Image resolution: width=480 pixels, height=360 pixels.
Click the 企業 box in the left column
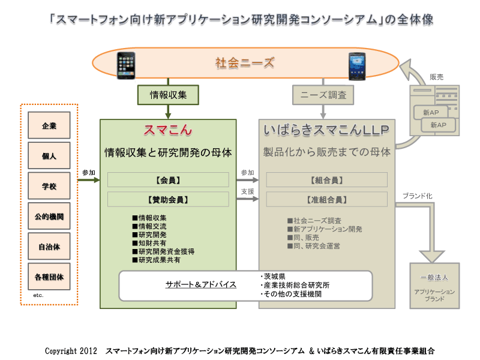[x=49, y=125]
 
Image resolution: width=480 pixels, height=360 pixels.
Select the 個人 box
[x=49, y=155]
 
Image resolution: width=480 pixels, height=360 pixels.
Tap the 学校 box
[x=49, y=186]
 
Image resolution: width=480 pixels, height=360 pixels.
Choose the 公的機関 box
[x=49, y=216]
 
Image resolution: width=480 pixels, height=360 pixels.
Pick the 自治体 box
[x=49, y=247]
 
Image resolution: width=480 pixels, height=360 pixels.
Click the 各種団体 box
[x=49, y=277]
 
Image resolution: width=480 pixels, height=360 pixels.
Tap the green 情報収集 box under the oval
[x=168, y=95]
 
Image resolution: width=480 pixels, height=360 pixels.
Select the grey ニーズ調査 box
[x=323, y=95]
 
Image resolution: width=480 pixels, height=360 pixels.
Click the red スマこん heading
[x=168, y=130]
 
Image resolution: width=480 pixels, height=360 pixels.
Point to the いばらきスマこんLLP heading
[x=326, y=130]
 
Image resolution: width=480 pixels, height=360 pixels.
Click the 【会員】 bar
[x=168, y=179]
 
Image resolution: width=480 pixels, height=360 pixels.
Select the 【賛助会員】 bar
[x=168, y=199]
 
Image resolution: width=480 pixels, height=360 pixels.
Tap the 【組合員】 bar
[x=326, y=179]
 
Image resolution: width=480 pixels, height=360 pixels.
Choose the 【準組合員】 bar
[x=326, y=199]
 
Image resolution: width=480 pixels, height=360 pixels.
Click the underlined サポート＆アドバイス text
[x=201, y=284]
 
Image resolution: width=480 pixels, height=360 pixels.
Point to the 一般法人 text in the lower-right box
[x=434, y=277]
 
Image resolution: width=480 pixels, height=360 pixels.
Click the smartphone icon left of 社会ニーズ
[x=126, y=65]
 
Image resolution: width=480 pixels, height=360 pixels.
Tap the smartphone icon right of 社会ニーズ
[x=357, y=67]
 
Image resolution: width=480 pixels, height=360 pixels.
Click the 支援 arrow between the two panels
[x=248, y=199]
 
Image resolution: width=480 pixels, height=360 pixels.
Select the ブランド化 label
[x=418, y=196]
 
